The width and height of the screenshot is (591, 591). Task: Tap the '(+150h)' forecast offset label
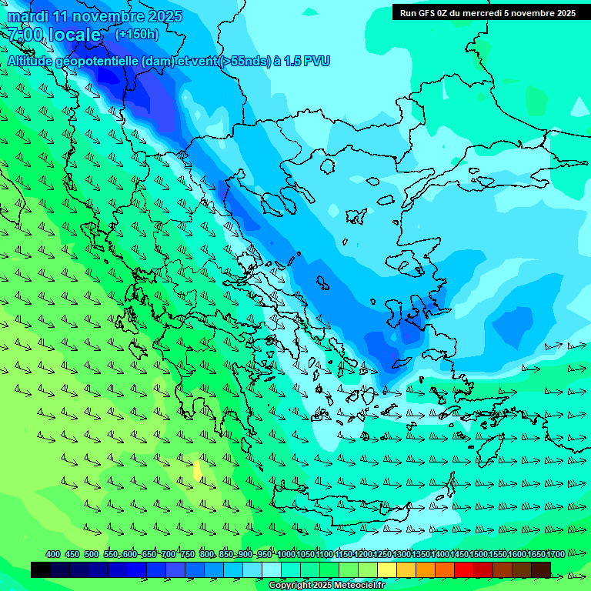[x=137, y=34]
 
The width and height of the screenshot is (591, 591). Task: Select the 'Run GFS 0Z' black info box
[x=487, y=12]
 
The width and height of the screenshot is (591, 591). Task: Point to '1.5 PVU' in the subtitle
[x=307, y=61]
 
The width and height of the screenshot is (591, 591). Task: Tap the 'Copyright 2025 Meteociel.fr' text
[x=327, y=586]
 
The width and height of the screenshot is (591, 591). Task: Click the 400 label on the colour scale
[x=53, y=554]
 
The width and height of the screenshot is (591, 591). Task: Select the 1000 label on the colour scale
[x=285, y=554]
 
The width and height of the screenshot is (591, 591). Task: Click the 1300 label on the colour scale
[x=402, y=554]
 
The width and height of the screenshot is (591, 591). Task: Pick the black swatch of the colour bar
[x=41, y=569]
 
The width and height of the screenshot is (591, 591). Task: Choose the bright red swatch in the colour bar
[x=464, y=569]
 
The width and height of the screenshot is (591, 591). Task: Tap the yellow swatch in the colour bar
[x=387, y=569]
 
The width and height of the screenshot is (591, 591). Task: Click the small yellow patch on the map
[x=199, y=470]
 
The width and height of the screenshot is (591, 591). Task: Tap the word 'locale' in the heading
[x=73, y=35]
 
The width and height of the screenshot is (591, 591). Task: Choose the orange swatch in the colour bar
[x=426, y=569]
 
